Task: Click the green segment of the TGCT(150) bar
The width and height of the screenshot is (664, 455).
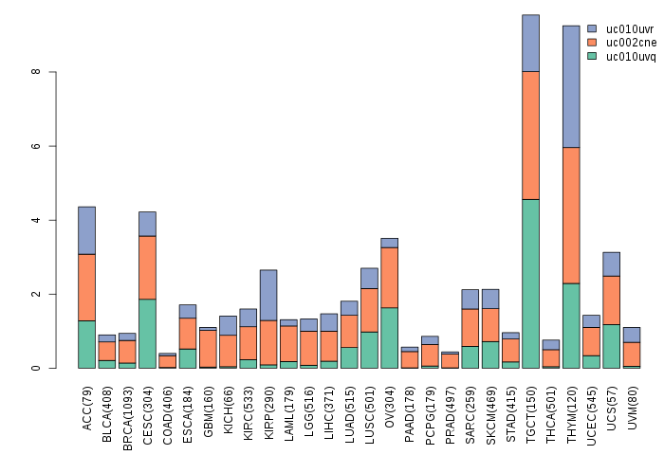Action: pyautogui.click(x=530, y=283)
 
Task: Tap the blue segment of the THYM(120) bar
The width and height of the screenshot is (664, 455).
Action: pyautogui.click(x=571, y=86)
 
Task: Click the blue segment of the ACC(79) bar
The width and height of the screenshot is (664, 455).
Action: pyautogui.click(x=86, y=230)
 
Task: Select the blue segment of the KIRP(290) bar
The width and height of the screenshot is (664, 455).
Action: pyautogui.click(x=268, y=295)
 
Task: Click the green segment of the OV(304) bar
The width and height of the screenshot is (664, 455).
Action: pyautogui.click(x=390, y=337)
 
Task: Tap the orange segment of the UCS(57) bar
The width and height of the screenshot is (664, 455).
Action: pyautogui.click(x=612, y=300)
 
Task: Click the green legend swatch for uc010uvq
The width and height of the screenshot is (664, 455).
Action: pyautogui.click(x=593, y=57)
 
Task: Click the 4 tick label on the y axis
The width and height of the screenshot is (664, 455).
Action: pyautogui.click(x=36, y=220)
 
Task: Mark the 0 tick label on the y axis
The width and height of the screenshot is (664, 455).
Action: pyautogui.click(x=36, y=368)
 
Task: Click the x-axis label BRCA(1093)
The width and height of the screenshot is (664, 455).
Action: pyautogui.click(x=127, y=408)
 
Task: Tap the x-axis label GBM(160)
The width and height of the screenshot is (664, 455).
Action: pyautogui.click(x=208, y=405)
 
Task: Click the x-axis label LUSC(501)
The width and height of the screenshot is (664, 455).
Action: pyautogui.click(x=370, y=405)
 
